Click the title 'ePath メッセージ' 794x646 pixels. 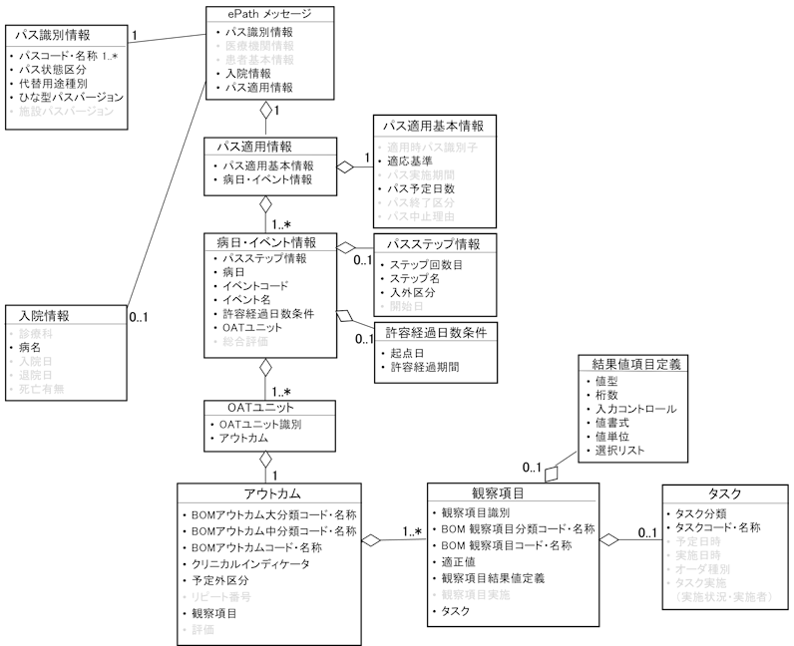(264, 14)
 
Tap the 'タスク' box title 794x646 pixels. (724, 494)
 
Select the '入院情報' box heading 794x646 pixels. (42, 315)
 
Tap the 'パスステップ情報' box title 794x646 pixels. (433, 244)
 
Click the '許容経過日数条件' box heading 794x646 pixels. (434, 333)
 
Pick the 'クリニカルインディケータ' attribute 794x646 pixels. (250, 563)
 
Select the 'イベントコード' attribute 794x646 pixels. (254, 286)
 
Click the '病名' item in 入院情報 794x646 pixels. (31, 347)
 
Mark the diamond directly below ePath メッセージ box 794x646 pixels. (266, 111)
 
